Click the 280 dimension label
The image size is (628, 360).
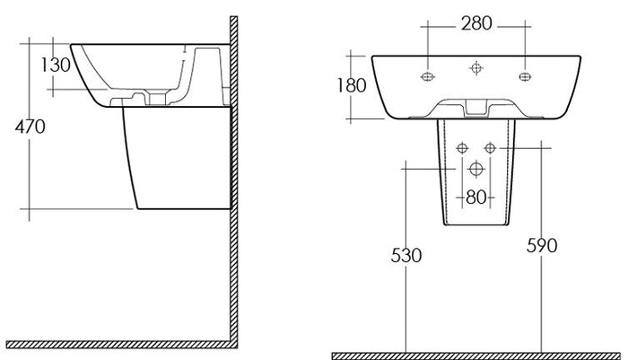[476, 23]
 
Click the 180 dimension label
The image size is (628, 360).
[352, 85]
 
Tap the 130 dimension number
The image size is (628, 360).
[56, 65]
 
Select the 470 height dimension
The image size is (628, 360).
[30, 127]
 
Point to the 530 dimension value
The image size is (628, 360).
[406, 255]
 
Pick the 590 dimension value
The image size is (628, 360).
[542, 245]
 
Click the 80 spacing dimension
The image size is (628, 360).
[476, 198]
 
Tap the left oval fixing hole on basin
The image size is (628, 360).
[428, 76]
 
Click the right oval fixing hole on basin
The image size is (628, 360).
[525, 76]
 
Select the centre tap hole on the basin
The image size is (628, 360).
[475, 68]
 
